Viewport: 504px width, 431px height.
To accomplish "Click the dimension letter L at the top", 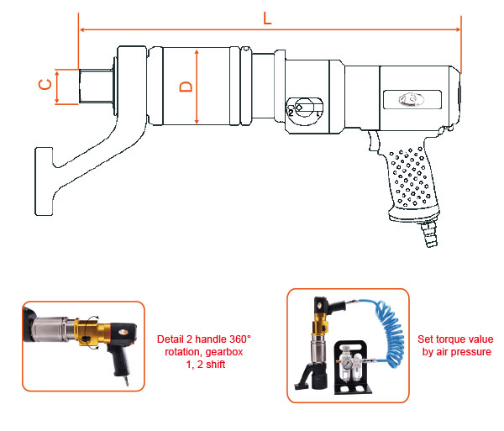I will pyautogui.click(x=268, y=17).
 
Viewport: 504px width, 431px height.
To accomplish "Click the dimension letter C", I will pyautogui.click(x=46, y=85).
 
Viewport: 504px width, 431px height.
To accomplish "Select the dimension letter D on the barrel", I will pyautogui.click(x=187, y=86).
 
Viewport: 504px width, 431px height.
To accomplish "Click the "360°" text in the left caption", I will pyautogui.click(x=239, y=339).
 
